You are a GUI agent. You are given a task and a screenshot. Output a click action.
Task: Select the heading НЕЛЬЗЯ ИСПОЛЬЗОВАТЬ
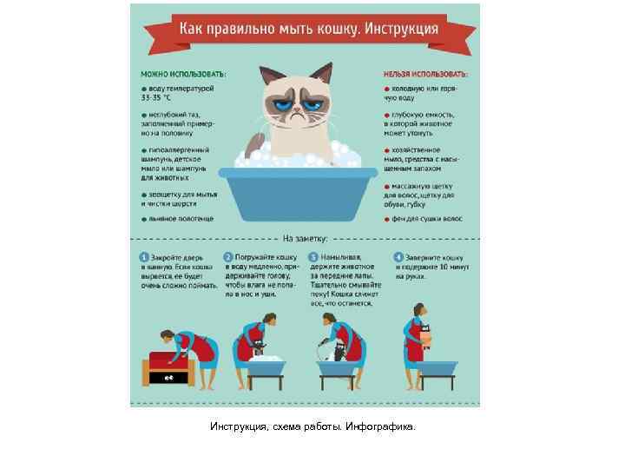(425, 74)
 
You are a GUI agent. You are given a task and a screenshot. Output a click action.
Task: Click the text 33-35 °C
(157, 97)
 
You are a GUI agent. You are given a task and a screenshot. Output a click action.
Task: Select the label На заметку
(304, 238)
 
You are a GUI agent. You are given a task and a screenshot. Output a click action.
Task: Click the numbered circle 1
(144, 257)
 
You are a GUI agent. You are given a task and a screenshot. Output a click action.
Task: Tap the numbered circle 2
(228, 257)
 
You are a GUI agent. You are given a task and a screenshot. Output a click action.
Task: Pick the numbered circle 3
(313, 257)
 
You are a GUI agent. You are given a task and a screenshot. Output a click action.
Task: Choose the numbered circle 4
(398, 257)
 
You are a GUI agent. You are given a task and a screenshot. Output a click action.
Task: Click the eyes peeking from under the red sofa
(170, 378)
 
